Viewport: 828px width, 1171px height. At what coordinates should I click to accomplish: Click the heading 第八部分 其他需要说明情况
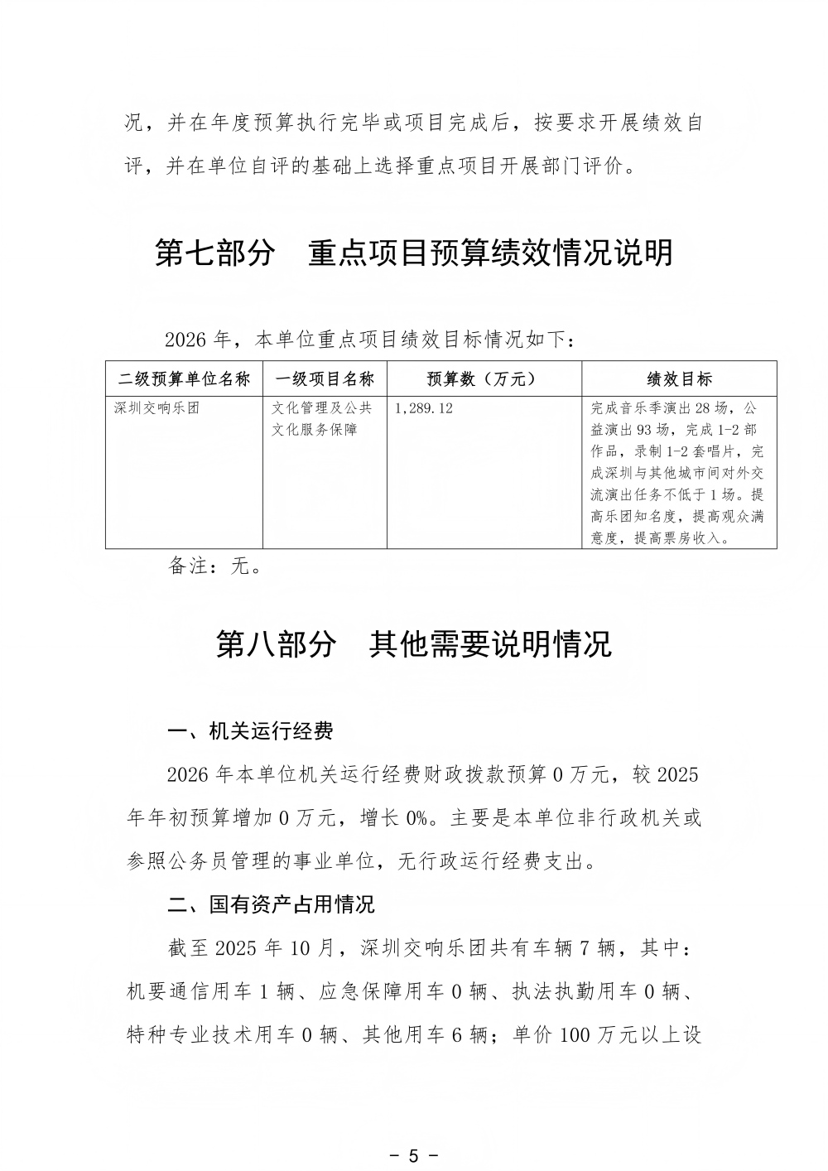pyautogui.click(x=414, y=643)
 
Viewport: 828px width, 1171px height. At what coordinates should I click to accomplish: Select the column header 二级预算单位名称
pyautogui.click(x=184, y=379)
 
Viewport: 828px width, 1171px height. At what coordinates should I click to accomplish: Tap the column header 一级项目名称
pyautogui.click(x=325, y=379)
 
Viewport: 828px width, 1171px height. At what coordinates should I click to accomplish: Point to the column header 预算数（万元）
pyautogui.click(x=483, y=379)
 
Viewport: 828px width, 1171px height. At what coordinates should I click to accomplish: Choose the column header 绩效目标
pyautogui.click(x=679, y=379)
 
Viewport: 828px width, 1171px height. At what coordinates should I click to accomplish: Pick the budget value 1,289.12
pyautogui.click(x=425, y=408)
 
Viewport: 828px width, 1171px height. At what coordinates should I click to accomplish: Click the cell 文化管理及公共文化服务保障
pyautogui.click(x=323, y=419)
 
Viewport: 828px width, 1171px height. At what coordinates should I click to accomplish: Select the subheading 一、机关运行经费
pyautogui.click(x=250, y=731)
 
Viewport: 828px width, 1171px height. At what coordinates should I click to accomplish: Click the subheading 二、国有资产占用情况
pyautogui.click(x=271, y=904)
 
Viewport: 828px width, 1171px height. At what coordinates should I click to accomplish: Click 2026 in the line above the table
pyautogui.click(x=185, y=340)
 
